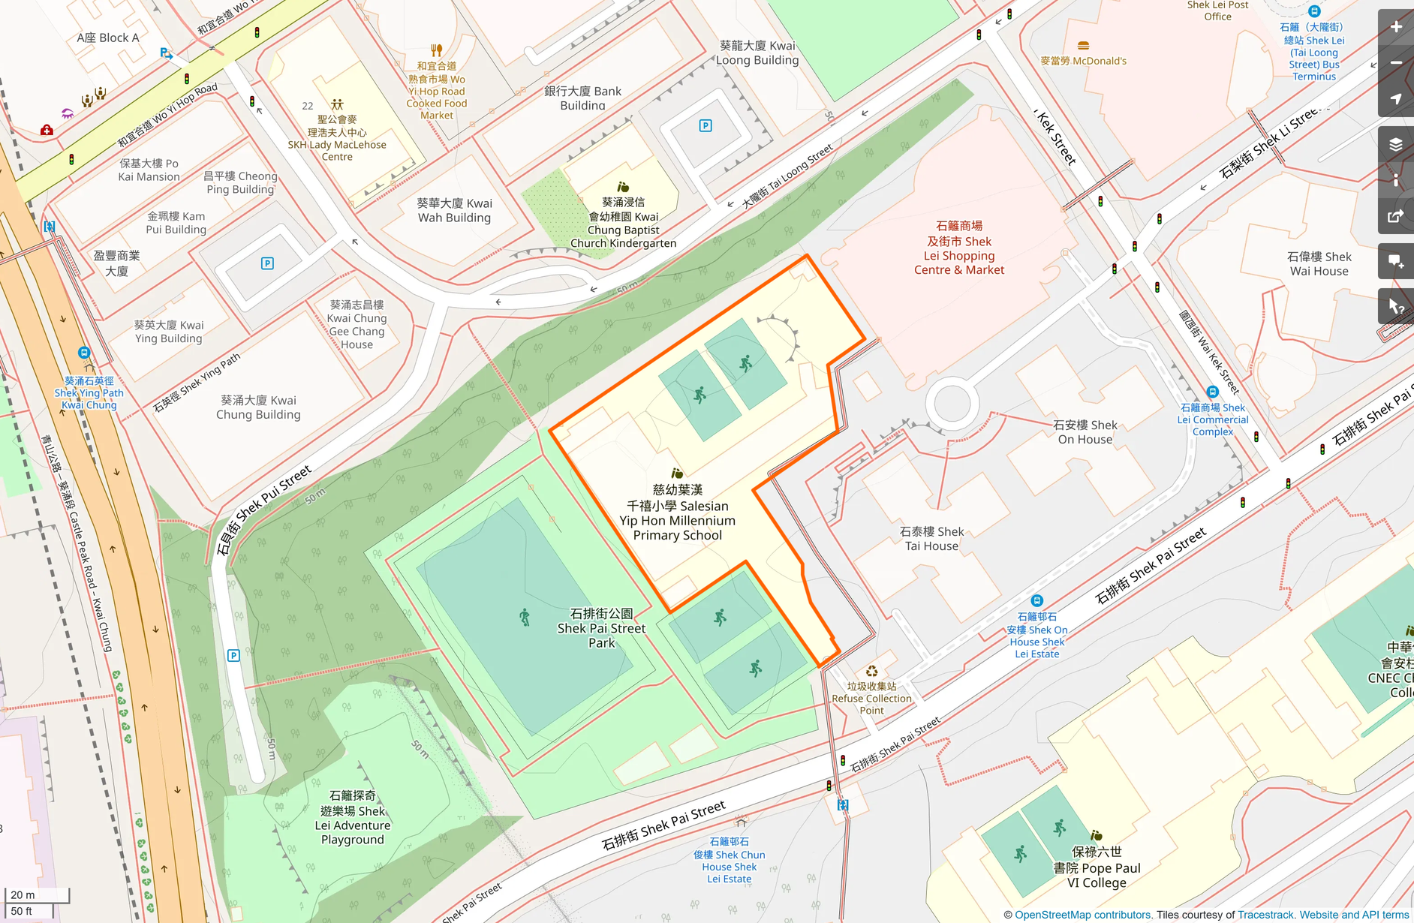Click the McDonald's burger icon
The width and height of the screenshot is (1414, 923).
(x=1082, y=46)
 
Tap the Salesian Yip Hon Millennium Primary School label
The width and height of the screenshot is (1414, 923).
(x=677, y=513)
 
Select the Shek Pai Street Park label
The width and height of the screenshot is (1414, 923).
(x=601, y=628)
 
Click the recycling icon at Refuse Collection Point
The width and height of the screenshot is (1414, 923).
(x=871, y=672)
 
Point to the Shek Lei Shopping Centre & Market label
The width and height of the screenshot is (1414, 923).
(x=958, y=248)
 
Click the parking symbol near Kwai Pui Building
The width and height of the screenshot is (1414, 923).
(x=267, y=263)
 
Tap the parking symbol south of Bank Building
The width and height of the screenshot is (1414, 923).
(x=705, y=126)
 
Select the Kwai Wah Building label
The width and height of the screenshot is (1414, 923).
(x=454, y=210)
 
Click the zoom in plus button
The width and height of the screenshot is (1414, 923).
(x=1395, y=27)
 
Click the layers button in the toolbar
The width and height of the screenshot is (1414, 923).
(x=1395, y=144)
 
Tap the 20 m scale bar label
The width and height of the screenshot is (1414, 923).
(x=23, y=894)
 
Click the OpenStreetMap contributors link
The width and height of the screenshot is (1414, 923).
(x=1082, y=915)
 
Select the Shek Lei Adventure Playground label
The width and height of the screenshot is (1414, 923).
(x=353, y=817)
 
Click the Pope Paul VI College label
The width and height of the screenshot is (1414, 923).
(x=1097, y=867)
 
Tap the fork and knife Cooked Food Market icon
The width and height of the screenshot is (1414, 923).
(x=437, y=51)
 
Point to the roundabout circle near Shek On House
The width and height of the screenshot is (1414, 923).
(x=952, y=404)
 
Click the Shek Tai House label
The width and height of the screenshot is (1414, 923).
(x=931, y=539)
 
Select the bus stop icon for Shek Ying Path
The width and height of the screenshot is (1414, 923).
(x=84, y=353)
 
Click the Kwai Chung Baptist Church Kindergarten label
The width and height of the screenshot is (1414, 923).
(x=623, y=223)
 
